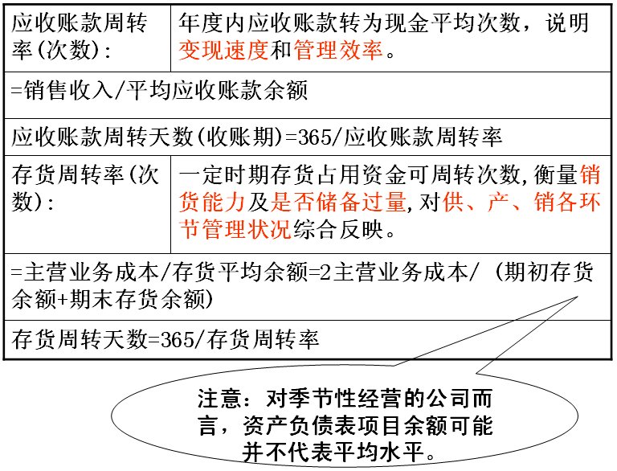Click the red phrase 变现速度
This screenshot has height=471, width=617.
(223, 51)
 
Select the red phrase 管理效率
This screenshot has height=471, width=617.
(338, 51)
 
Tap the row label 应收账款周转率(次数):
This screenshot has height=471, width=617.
(80, 37)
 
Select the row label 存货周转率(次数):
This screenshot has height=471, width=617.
(85, 188)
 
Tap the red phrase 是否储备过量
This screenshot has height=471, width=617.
(338, 202)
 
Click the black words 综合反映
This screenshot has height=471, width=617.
(338, 229)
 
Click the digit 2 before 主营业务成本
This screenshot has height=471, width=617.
(325, 272)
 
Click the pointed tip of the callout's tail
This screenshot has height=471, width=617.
(578, 297)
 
